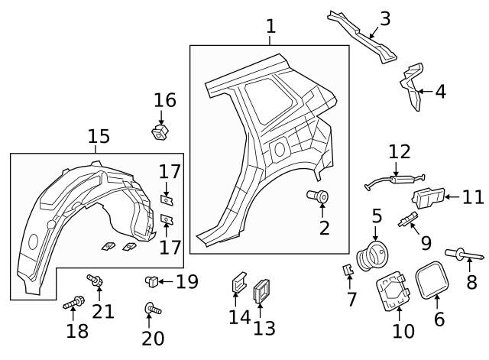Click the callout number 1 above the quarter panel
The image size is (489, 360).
(270, 27)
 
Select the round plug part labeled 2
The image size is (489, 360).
(319, 197)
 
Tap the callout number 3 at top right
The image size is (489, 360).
(384, 18)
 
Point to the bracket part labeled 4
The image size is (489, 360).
(413, 86)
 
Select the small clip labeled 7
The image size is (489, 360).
(347, 270)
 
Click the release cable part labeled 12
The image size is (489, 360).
(396, 180)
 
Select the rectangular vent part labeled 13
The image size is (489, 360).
(262, 290)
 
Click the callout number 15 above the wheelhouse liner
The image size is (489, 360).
(99, 136)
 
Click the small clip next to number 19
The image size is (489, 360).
(152, 282)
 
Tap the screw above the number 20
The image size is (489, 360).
(151, 310)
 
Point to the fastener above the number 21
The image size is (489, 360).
(96, 281)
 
